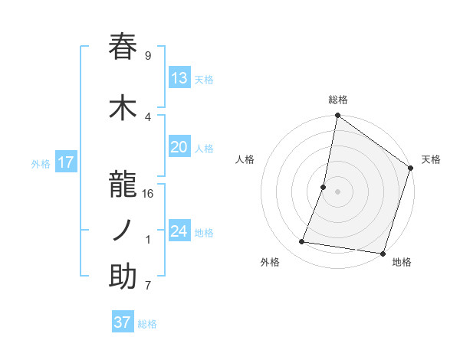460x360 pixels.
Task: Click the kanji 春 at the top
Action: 123,47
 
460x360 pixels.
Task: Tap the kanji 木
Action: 123,108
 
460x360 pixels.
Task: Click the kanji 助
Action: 123,277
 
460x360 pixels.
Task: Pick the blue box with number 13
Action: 179,78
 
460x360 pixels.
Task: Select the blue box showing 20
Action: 179,148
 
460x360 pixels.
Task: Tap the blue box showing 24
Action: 179,231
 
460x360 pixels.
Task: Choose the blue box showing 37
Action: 123,322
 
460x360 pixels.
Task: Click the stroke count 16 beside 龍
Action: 148,193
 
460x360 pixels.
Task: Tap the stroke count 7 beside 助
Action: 148,286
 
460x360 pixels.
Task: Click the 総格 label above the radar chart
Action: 337,100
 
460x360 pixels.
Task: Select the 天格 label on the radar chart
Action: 431,159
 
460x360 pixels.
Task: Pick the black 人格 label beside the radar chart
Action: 245,159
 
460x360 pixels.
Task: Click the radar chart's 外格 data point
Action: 302,242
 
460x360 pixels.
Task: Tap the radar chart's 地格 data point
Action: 382,253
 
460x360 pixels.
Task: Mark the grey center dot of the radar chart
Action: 337,191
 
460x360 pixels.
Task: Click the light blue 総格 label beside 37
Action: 148,324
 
